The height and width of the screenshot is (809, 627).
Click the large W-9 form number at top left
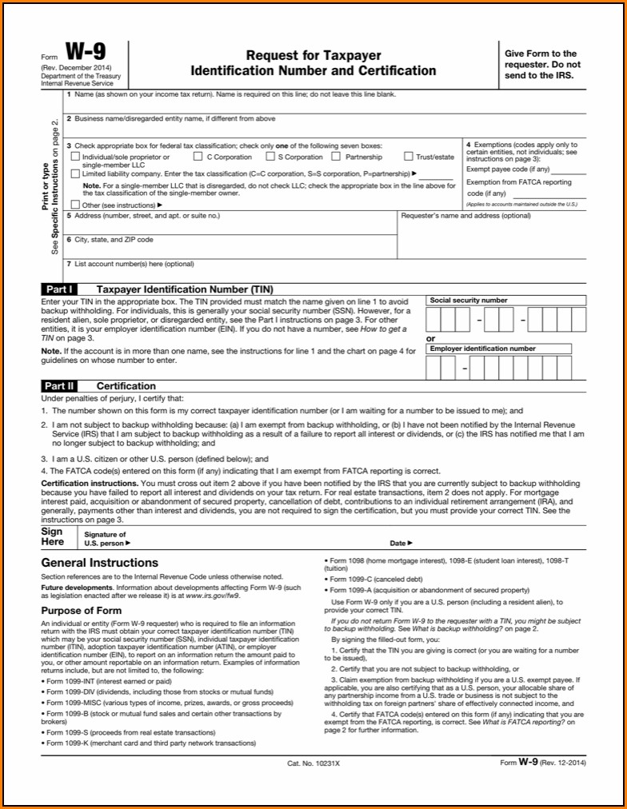(x=85, y=54)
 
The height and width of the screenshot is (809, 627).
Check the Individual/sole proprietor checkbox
(x=75, y=157)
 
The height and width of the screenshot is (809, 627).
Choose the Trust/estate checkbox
(x=409, y=157)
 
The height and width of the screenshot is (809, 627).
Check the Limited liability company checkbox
(x=75, y=173)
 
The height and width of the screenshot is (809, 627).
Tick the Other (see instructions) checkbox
(x=75, y=205)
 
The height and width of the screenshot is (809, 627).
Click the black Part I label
(x=59, y=289)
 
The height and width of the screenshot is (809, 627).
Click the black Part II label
(x=61, y=386)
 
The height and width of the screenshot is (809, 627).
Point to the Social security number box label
(x=469, y=301)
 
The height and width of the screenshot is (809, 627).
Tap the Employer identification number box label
(x=483, y=349)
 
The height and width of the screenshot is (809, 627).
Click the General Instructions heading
(x=99, y=563)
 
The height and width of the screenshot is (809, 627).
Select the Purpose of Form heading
(x=81, y=611)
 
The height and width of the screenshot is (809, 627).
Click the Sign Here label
(x=52, y=536)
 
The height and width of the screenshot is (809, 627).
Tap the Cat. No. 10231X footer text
(x=313, y=763)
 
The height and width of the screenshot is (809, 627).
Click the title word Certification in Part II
(x=126, y=386)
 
